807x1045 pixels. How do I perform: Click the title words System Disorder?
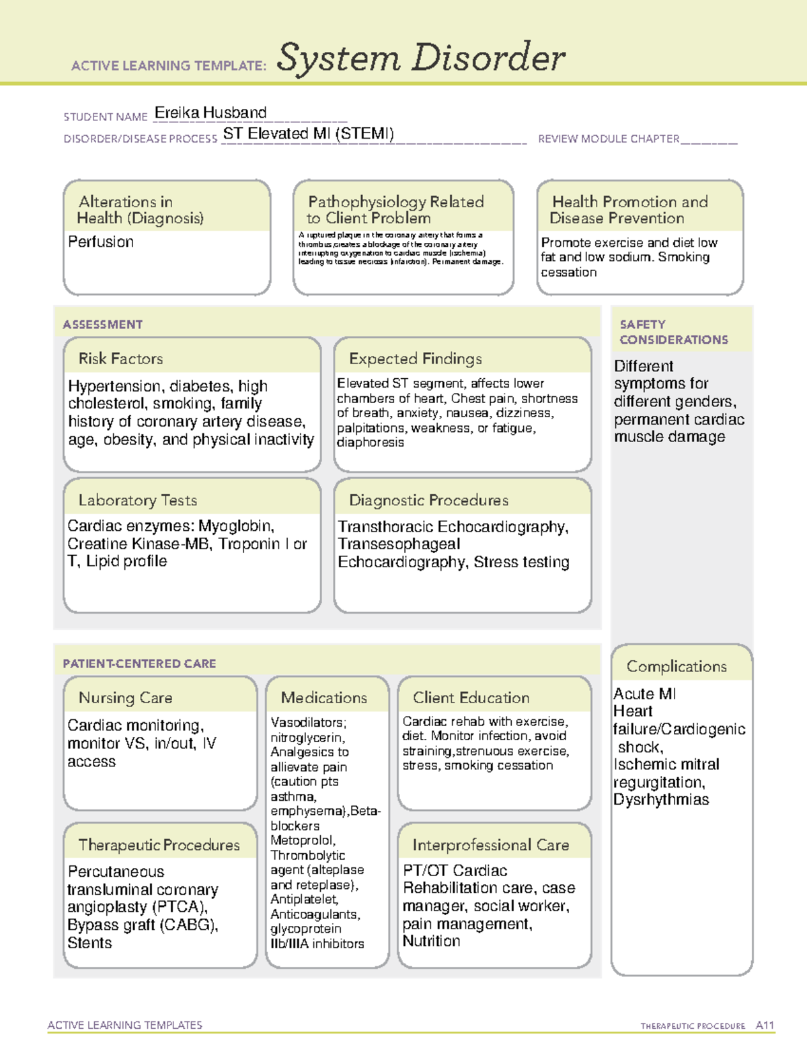[421, 58]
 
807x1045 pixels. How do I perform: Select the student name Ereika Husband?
[210, 112]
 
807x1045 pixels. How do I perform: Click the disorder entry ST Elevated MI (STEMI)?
[308, 133]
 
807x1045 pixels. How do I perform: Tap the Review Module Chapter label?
[608, 139]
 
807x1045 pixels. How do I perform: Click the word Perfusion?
[101, 242]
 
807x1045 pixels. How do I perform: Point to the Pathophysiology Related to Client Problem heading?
[395, 209]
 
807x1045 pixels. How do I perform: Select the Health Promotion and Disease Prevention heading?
[629, 209]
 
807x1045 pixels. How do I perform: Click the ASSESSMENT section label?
[102, 324]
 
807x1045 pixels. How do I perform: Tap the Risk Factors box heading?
[120, 359]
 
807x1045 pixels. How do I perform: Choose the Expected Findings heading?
[415, 359]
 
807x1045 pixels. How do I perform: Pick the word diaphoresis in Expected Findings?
[371, 442]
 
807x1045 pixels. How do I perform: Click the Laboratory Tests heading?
[137, 500]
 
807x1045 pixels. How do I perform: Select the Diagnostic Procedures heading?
[428, 500]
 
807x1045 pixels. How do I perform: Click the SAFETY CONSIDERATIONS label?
[673, 332]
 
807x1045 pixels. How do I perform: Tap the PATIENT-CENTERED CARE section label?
[139, 663]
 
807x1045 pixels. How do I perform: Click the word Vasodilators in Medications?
[308, 722]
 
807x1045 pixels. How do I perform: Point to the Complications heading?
[677, 666]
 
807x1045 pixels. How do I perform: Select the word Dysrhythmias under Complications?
[660, 799]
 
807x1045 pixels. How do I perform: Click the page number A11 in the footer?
[765, 1025]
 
